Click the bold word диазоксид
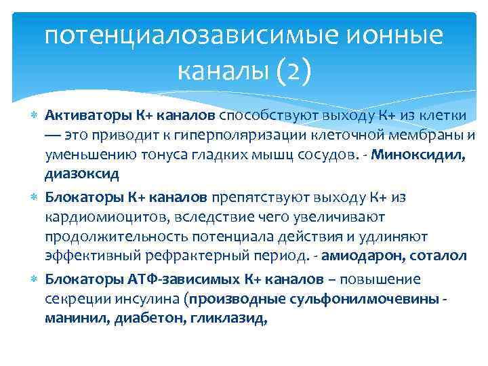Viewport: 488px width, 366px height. pyautogui.click(x=82, y=174)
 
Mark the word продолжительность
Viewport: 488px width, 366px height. pyautogui.click(x=112, y=236)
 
